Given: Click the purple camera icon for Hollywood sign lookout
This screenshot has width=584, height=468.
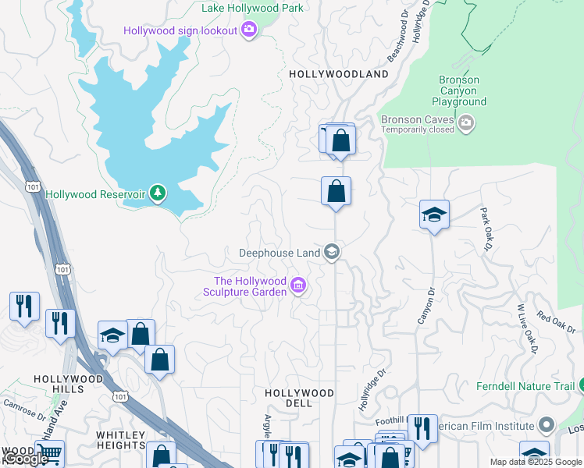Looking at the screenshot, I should point(249,30).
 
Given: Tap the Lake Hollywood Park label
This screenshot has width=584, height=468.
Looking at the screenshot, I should point(252,9).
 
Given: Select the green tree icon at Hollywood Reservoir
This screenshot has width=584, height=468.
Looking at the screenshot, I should point(158,193).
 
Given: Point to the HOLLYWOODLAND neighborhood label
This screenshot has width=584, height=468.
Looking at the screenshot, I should point(338,74).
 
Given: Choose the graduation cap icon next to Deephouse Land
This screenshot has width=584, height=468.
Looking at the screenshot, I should point(332,251).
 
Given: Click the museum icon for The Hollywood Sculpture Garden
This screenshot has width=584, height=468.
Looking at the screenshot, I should point(297,286).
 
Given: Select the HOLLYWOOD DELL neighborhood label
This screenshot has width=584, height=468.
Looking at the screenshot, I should point(299,398).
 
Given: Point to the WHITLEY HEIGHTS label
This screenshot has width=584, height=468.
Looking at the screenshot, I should point(121,440).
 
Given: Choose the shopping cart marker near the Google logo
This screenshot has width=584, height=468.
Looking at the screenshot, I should point(49,452).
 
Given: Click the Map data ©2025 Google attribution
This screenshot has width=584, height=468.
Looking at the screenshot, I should point(536,462).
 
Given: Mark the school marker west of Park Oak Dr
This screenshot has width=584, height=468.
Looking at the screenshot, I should point(434,215).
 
